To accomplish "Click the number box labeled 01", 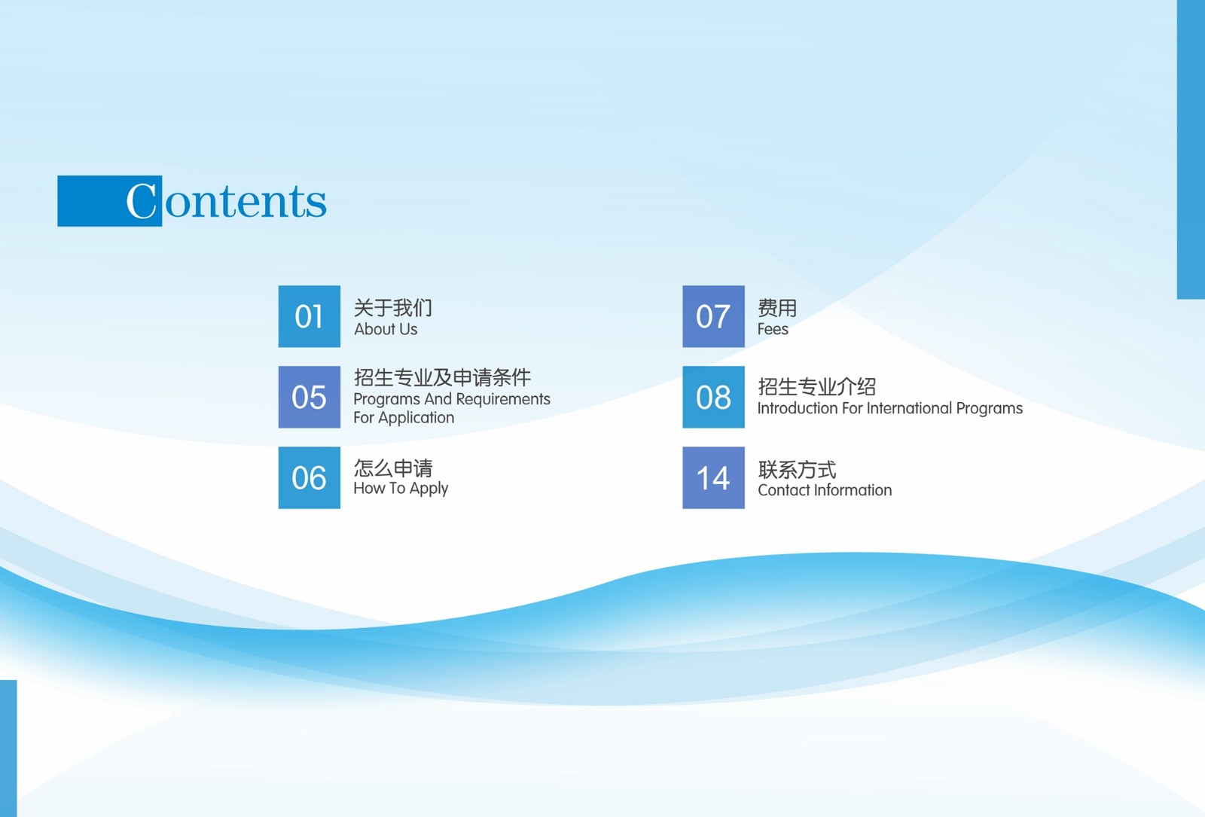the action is [x=310, y=316].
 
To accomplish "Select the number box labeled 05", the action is [x=310, y=397].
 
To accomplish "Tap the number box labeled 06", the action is [x=310, y=477].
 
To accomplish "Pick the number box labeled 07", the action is [x=713, y=316].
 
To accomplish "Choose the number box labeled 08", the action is [x=713, y=397].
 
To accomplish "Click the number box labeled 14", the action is [x=713, y=477].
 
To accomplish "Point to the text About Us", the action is [x=386, y=329].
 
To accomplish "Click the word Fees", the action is [x=773, y=329].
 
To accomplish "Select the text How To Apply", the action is [x=401, y=489].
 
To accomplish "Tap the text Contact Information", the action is [x=825, y=490].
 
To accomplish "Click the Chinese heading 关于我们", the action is [x=392, y=308].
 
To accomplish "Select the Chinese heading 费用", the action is [x=777, y=308].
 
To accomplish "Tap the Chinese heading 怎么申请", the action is [x=393, y=468].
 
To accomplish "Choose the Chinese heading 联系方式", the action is [x=798, y=470].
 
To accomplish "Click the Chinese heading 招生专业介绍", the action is [x=816, y=387].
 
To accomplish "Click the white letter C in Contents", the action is [x=141, y=200].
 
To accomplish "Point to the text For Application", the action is [x=404, y=418].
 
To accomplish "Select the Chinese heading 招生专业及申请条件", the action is [x=442, y=377].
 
